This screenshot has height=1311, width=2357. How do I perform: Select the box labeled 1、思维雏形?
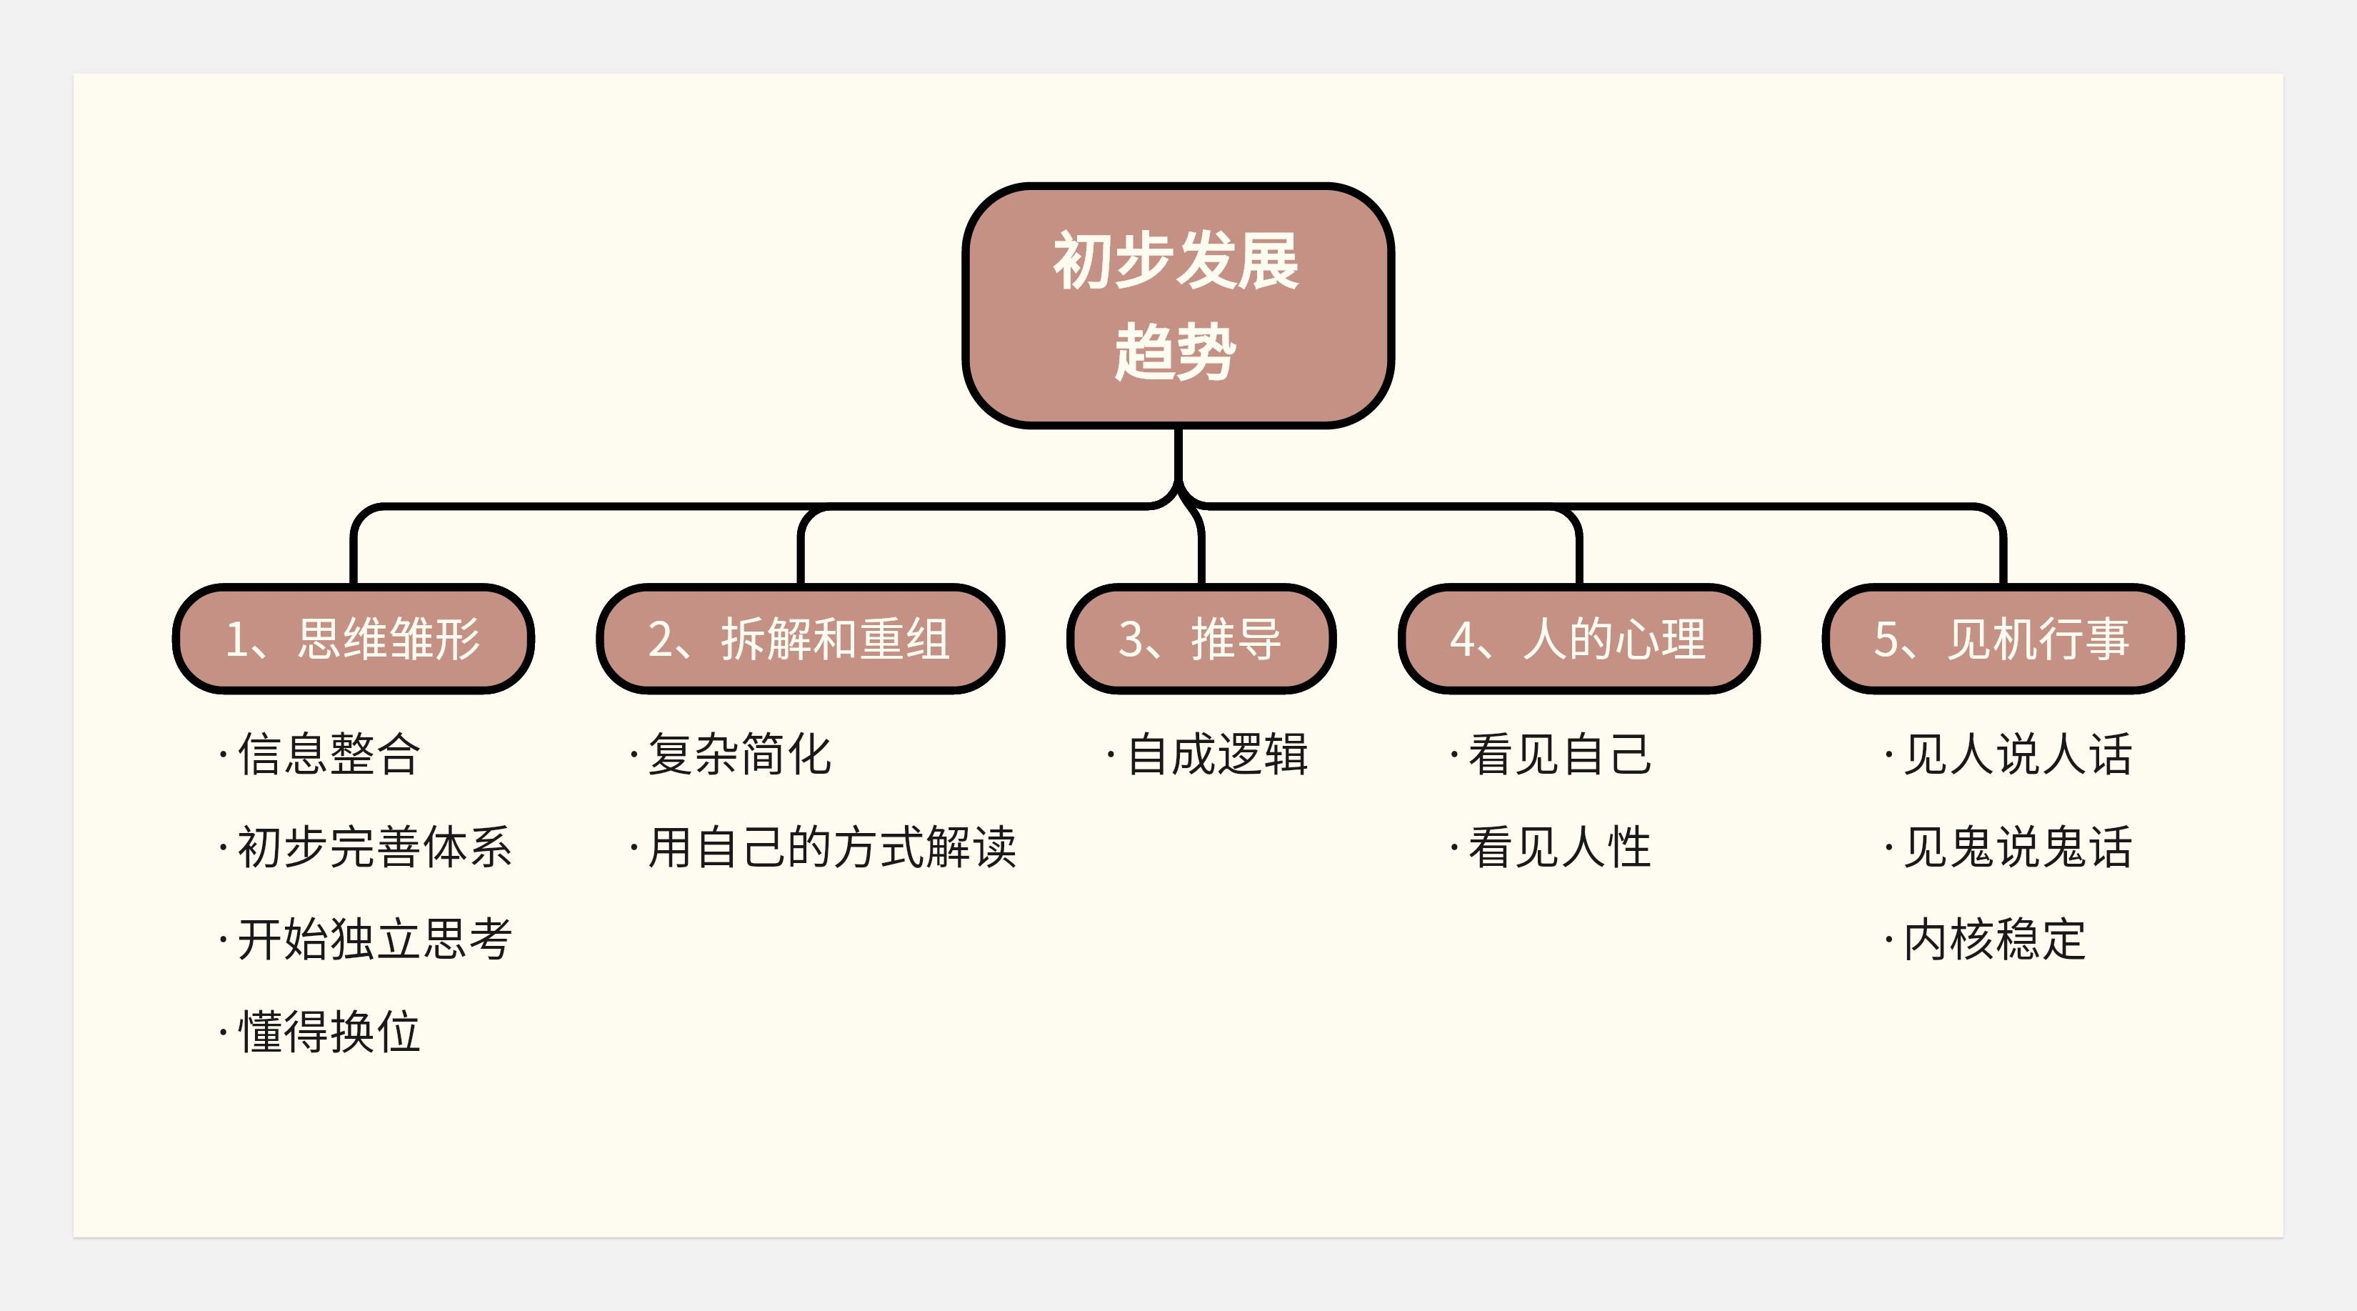[x=353, y=639]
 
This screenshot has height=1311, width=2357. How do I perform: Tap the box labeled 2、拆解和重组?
[x=800, y=639]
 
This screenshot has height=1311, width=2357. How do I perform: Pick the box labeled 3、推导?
[x=1201, y=639]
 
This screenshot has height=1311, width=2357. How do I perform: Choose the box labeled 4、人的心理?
[x=1578, y=639]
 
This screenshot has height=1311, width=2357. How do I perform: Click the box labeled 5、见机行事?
[x=2002, y=639]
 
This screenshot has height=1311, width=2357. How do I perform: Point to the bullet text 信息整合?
[x=329, y=755]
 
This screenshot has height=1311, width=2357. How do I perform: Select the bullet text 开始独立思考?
[x=374, y=940]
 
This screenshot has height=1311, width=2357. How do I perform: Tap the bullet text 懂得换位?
[x=329, y=1032]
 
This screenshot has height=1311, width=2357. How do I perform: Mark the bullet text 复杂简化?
[x=739, y=755]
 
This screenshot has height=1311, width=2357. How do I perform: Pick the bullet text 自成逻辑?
[x=1217, y=755]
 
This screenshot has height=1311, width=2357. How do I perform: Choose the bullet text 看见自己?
[x=1559, y=755]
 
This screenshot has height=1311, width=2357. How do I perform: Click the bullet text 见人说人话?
[x=2016, y=755]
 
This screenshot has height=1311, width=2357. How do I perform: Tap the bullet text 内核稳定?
[x=1993, y=940]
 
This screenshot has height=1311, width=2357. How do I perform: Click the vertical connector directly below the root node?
[x=1178, y=453]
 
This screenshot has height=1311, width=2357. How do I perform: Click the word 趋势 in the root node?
[x=1176, y=352]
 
